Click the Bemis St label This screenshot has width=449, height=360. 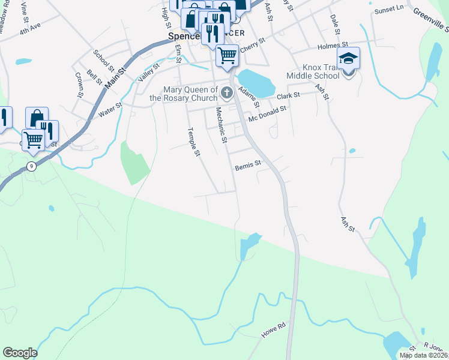click(x=248, y=163)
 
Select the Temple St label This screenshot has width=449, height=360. click(x=193, y=142)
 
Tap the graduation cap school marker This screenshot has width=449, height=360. click(x=348, y=59)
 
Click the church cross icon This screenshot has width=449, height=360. click(x=227, y=92)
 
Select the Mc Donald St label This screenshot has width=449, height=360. click(x=268, y=113)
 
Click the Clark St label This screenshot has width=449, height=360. click(x=288, y=96)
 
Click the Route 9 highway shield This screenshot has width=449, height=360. click(x=31, y=166)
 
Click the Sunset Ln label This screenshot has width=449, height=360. click(x=389, y=10)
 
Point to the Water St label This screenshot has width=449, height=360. click(x=110, y=109)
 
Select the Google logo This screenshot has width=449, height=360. click(x=20, y=353)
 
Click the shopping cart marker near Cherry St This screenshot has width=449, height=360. click(x=227, y=56)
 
